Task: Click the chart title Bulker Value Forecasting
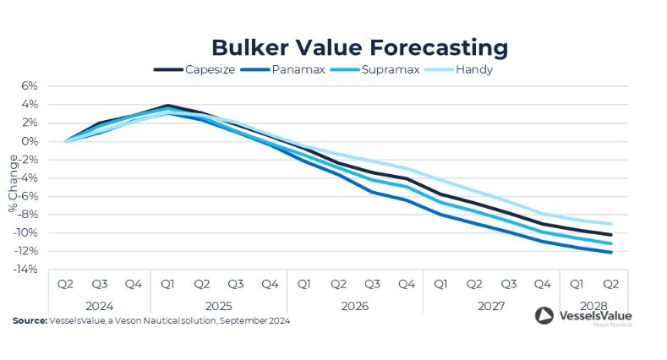click(x=359, y=46)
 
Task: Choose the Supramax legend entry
click(x=391, y=69)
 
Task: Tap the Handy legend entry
click(x=474, y=69)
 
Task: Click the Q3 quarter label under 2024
click(x=99, y=285)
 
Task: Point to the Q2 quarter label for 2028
click(x=610, y=285)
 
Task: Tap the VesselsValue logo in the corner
click(x=583, y=317)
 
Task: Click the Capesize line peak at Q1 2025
click(x=168, y=106)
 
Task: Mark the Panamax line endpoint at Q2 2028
click(x=610, y=252)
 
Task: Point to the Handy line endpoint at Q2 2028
click(x=610, y=224)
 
